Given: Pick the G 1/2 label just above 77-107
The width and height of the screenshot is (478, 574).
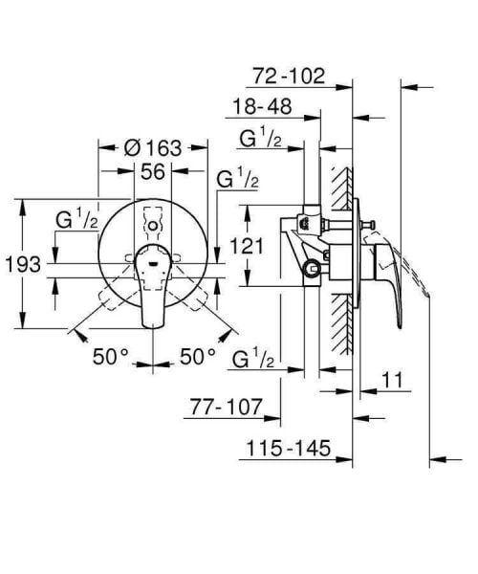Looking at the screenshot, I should point(254,359).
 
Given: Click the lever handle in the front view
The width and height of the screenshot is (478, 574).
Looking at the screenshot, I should point(153,287).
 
